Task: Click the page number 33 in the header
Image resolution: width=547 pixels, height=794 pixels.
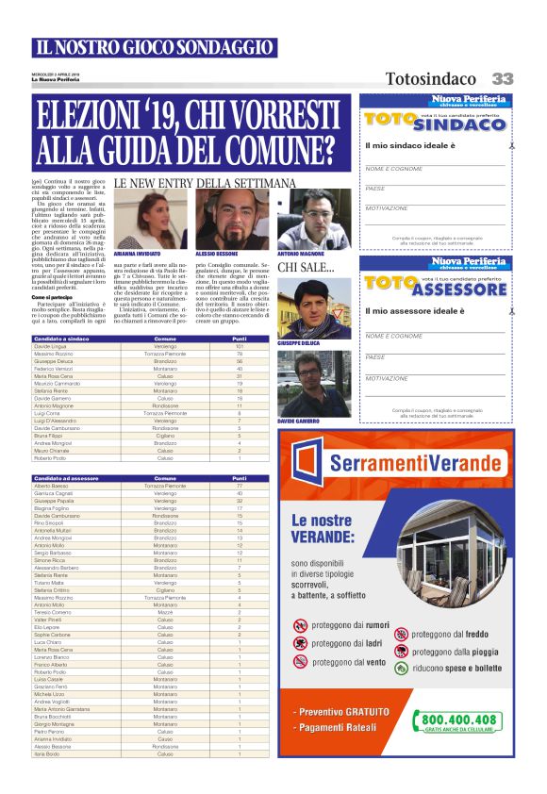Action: click(502, 79)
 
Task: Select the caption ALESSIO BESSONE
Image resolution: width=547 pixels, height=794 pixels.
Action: click(217, 255)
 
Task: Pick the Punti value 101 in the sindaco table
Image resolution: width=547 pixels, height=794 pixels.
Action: click(240, 346)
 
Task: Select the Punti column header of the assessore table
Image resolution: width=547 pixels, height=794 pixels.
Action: click(240, 478)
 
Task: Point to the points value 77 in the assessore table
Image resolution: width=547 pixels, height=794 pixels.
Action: click(240, 485)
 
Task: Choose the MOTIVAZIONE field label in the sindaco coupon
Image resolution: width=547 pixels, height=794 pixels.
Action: click(387, 207)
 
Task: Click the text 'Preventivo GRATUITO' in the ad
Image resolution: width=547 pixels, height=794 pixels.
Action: click(345, 712)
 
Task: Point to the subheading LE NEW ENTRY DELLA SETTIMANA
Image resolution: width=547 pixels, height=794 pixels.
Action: click(205, 182)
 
